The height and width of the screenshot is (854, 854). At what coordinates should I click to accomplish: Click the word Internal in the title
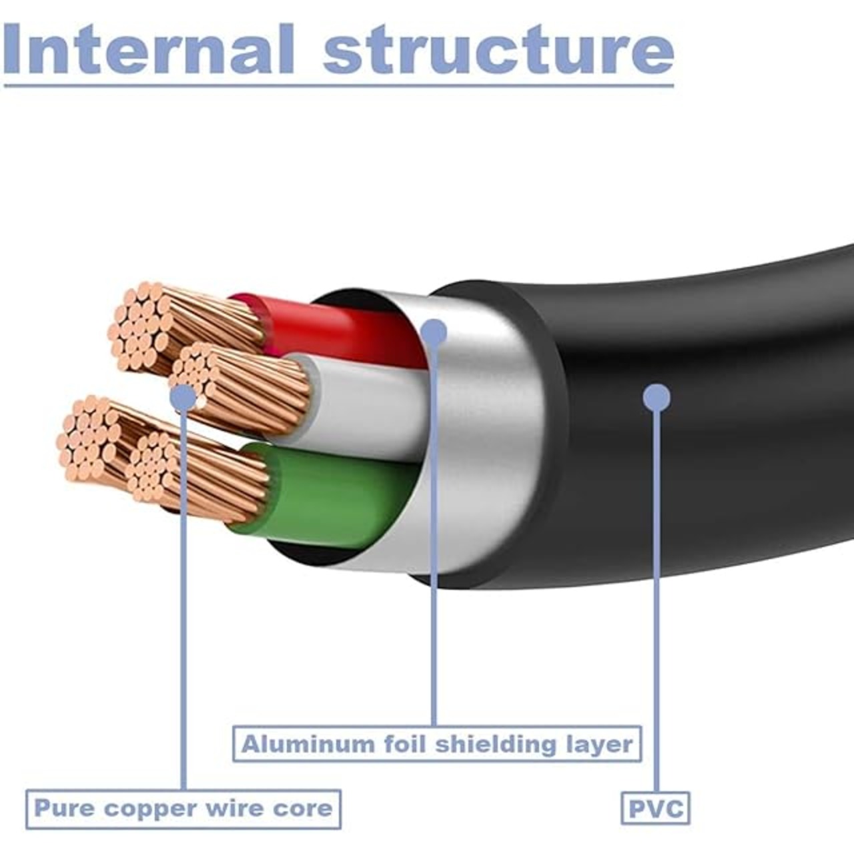coord(149,49)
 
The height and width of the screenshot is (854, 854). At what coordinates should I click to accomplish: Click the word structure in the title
coord(498,51)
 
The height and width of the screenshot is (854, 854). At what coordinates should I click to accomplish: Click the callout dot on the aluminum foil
coord(434,332)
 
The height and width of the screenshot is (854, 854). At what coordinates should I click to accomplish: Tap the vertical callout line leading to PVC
coord(657,600)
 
